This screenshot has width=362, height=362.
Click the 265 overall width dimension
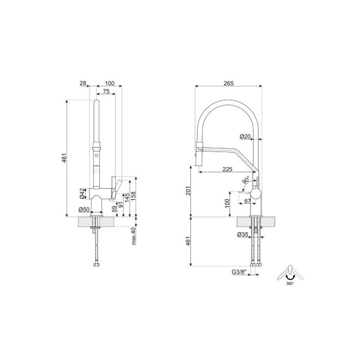pos(229,83)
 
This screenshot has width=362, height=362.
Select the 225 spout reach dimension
pos(228,169)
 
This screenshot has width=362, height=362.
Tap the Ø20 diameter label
pos(245,137)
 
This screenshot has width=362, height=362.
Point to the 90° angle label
pos(246,180)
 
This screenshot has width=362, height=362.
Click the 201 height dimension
pos(188,191)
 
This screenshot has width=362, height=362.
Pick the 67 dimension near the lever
pos(248,201)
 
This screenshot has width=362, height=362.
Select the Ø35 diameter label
pos(243,235)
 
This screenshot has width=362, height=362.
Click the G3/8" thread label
pos(239,271)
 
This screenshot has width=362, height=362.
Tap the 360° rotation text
pos(291,283)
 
